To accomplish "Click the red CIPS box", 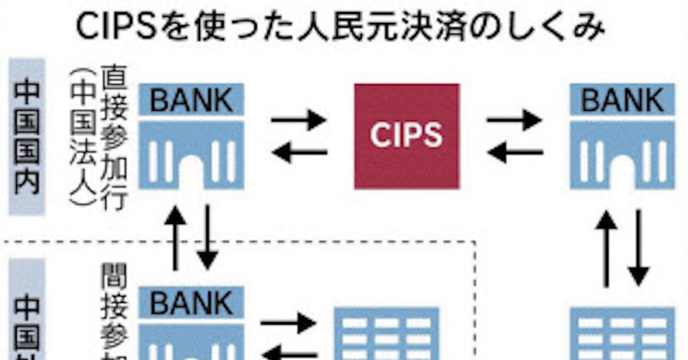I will point(406,136).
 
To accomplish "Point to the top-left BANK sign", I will point(191,100).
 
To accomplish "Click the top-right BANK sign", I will point(622,100).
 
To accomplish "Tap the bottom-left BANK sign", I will point(191,302).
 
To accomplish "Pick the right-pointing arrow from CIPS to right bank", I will point(514,120).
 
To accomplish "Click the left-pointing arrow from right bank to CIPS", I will point(514,152).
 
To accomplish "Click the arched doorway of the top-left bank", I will point(191,172).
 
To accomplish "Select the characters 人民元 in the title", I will point(354,27).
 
